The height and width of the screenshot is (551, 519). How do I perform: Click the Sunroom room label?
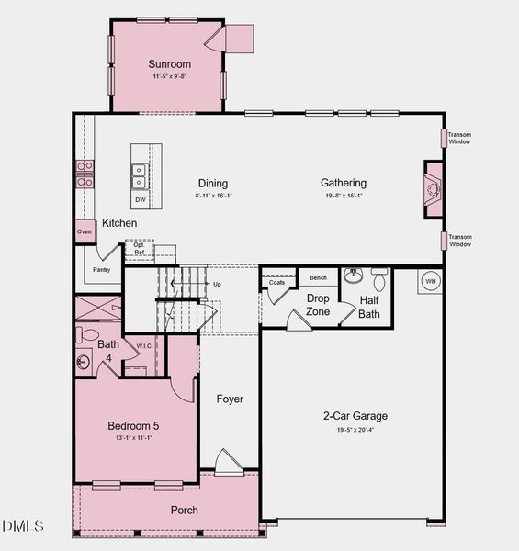tap(169, 64)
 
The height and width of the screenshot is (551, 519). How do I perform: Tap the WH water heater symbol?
tap(431, 281)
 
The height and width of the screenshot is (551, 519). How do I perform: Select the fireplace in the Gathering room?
tap(433, 190)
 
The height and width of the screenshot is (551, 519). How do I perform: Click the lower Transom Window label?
tap(459, 241)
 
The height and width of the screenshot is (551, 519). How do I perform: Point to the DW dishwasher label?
tap(140, 199)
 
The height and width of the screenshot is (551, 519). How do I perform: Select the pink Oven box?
tap(85, 232)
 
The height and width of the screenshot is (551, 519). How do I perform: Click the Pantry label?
tap(101, 270)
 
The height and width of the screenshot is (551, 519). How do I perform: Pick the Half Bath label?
tap(369, 307)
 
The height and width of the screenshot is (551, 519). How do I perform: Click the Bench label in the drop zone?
tap(318, 277)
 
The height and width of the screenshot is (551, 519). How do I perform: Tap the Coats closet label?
tap(276, 282)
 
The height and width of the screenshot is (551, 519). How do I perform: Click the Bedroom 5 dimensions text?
tap(133, 438)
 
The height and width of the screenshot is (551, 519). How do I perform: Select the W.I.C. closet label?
tap(143, 346)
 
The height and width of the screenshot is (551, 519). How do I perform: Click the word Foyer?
tap(230, 399)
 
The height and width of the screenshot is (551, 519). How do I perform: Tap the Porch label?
tap(184, 510)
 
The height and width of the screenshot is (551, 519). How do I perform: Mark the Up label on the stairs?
tap(217, 284)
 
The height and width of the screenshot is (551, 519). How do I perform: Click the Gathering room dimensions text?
tap(344, 196)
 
